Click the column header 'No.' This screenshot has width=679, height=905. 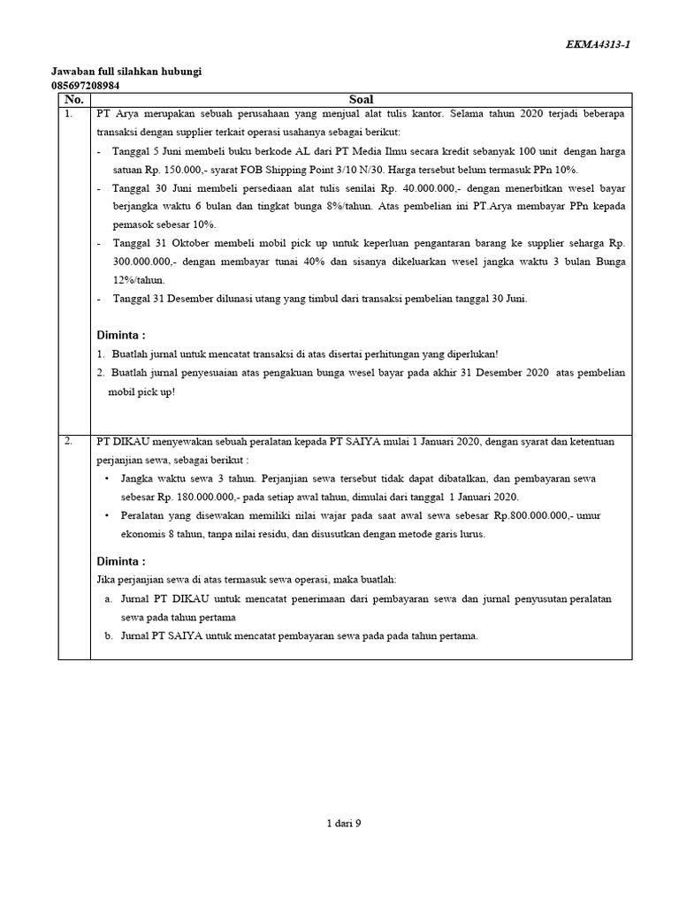[73, 100]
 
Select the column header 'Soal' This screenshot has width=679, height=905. [362, 100]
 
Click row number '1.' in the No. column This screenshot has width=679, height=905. [69, 114]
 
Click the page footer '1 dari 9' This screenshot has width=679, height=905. [343, 823]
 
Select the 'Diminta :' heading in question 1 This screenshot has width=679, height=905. [120, 335]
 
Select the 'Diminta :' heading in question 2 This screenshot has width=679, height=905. [120, 561]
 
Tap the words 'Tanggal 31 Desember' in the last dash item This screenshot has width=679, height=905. [160, 299]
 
